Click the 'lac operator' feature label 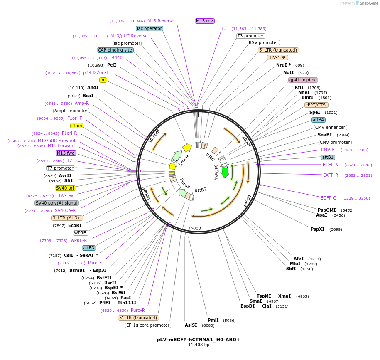tap(150, 29)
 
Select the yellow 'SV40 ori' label tap(65, 188)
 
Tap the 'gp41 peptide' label tap(303, 80)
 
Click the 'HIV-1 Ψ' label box tap(277, 58)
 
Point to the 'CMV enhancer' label tap(330, 128)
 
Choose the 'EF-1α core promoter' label tap(148, 325)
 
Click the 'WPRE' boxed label tap(80, 233)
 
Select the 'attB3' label tap(89, 248)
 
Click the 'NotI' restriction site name tap(288, 73)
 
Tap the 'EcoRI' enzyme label tap(75, 225)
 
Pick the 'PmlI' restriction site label tap(213, 320)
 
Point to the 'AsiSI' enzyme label tap(191, 325)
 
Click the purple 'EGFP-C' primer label tap(329, 198)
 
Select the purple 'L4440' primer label tap(116, 57)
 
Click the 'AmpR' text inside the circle tap(184, 160)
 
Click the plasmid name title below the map tap(199, 340)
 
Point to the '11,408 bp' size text tap(199, 345)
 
